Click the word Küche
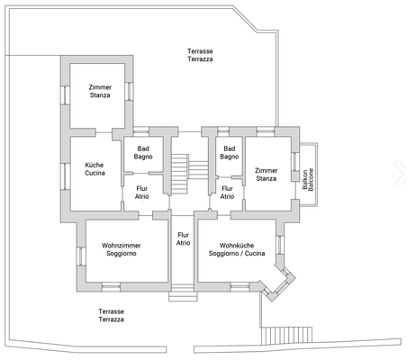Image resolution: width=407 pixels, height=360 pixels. pos(95,166)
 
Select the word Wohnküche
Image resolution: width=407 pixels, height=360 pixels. pos(240,245)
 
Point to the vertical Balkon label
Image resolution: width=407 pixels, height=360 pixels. pos(306,177)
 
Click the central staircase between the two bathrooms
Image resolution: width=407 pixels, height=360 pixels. pos(179,171)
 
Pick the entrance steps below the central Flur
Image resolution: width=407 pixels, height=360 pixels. pos(182,290)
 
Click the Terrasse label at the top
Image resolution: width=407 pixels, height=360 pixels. pos(200,50)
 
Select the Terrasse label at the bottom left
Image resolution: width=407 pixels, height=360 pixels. pos(111,310)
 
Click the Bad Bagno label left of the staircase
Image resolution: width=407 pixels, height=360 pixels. pos(142,152)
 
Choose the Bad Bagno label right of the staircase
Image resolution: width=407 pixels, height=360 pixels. pos(229,152)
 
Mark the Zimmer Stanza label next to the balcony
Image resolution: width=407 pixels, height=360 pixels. pos(266,174)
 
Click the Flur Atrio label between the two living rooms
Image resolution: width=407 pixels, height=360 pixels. pos(183,238)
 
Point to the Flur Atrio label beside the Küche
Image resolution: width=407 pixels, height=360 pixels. pos(142,192)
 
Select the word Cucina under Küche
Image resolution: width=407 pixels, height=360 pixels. pos(95,174)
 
